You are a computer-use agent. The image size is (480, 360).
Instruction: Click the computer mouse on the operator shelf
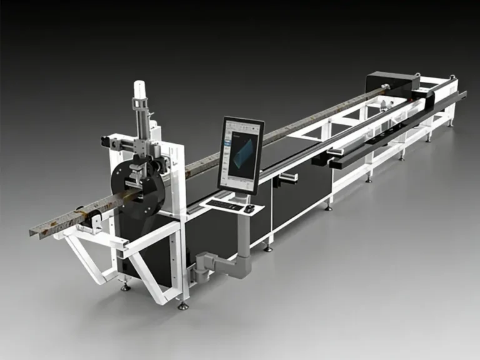(249, 209)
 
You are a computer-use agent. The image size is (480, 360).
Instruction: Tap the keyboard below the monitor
(224, 204)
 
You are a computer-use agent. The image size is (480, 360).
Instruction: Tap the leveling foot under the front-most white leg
(182, 306)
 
